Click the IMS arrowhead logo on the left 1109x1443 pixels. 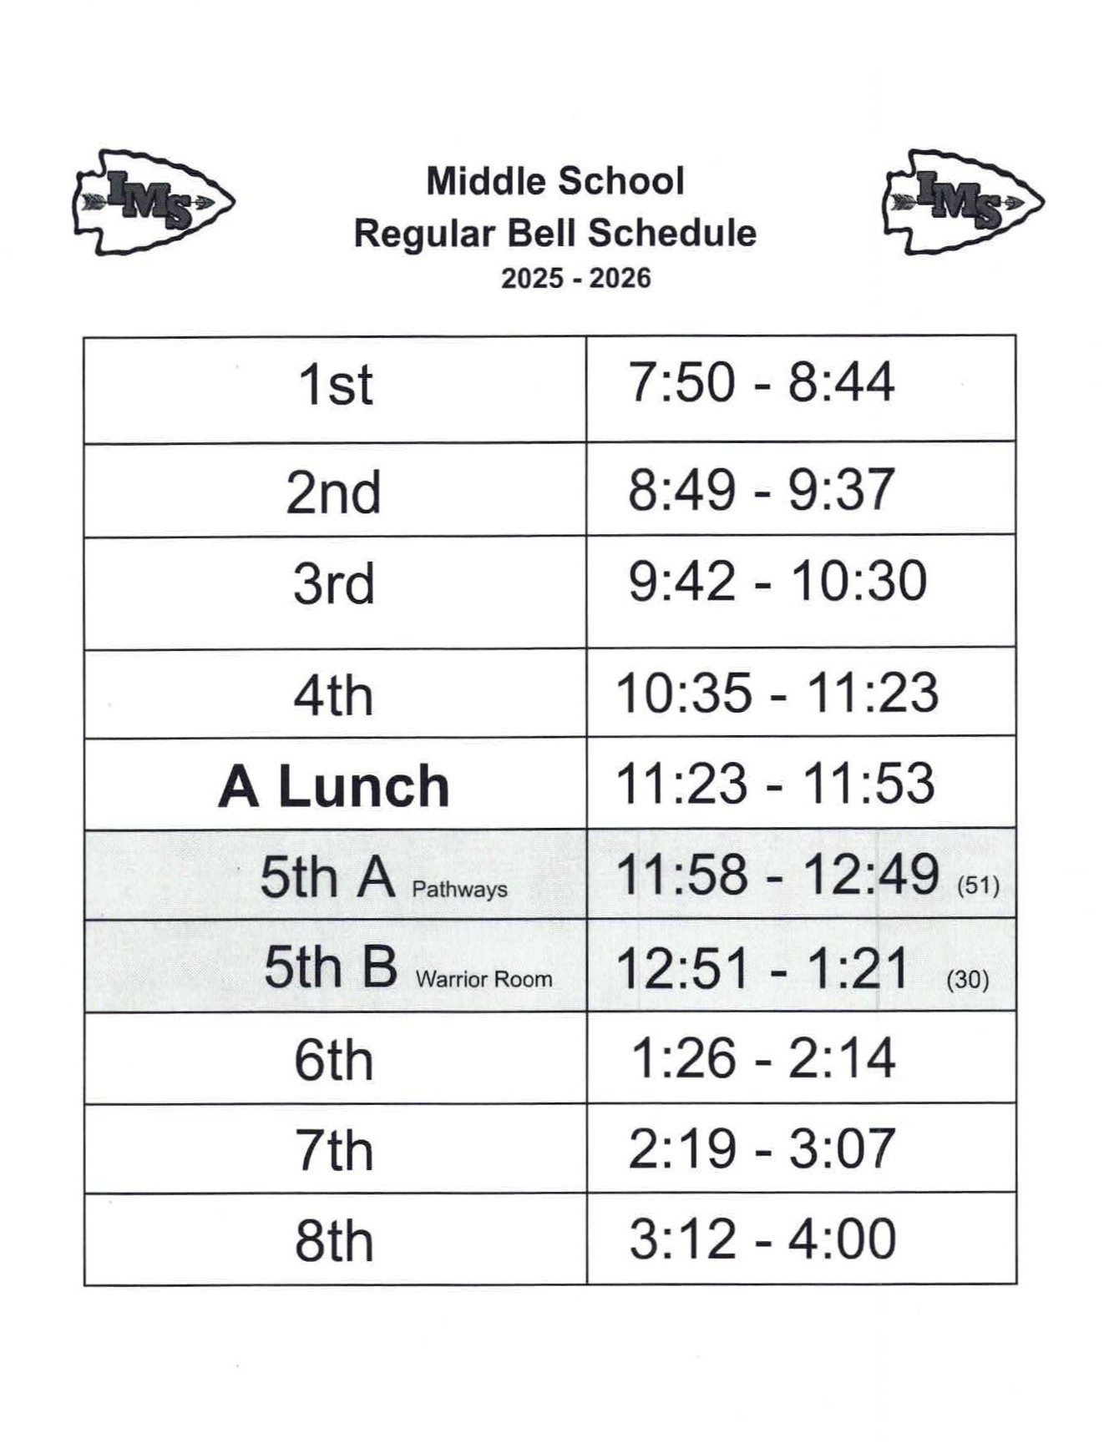coord(154,202)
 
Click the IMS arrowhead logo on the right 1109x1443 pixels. coord(963,201)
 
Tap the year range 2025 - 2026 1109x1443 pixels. coord(575,278)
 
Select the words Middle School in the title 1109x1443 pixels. coord(555,181)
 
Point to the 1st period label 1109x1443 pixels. coord(335,386)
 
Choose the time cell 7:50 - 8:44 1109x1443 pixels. coord(761,383)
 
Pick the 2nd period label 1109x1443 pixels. coord(333,492)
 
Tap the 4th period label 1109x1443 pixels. coord(333,695)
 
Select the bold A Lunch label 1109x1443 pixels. coord(334,786)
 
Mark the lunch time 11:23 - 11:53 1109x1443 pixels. coord(775,785)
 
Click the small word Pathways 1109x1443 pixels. coord(459,890)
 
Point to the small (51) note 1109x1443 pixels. coord(978,885)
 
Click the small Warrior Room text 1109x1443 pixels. coord(484,979)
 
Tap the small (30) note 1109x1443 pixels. coord(968,979)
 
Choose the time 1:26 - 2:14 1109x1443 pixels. coord(762,1058)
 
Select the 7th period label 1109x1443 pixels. coord(333,1151)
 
